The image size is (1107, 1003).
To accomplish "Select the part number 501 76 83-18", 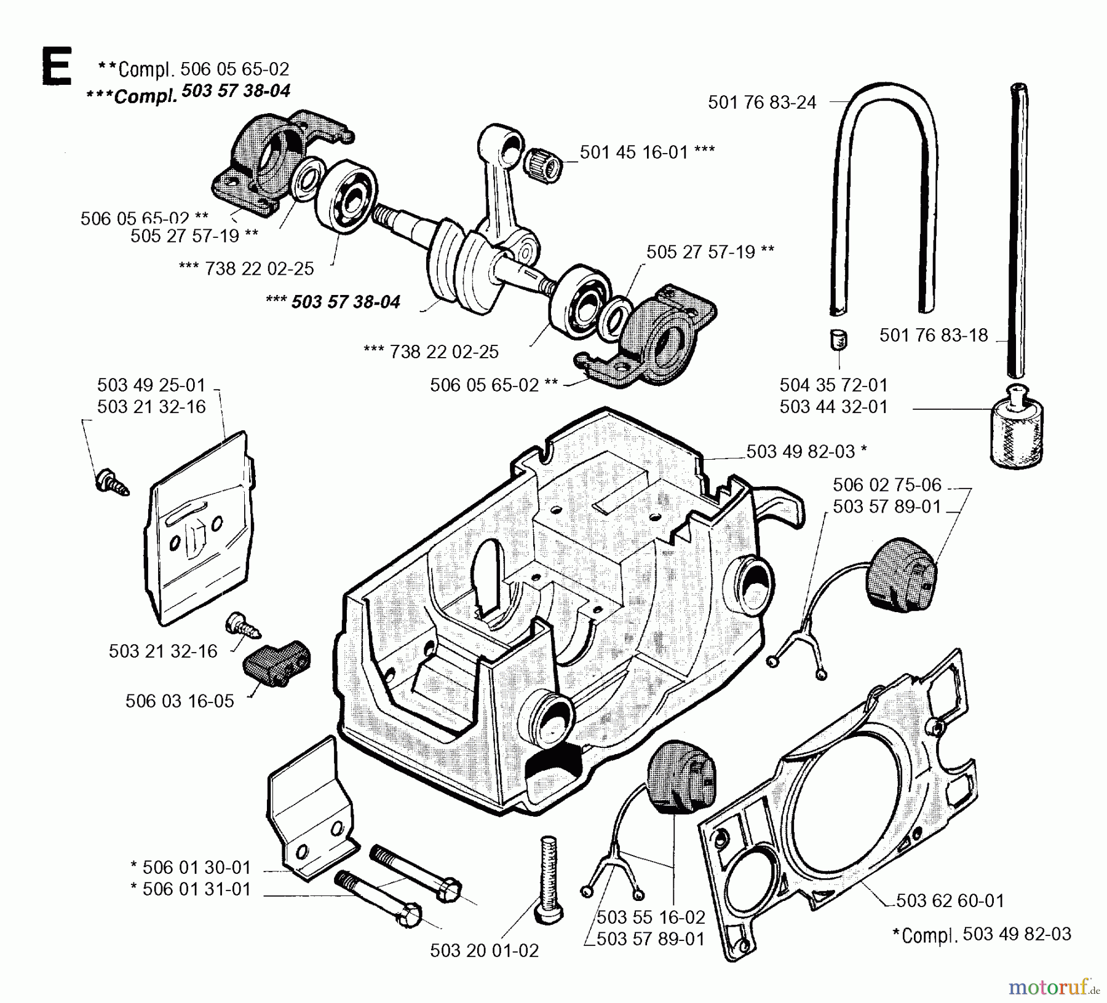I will [x=933, y=336].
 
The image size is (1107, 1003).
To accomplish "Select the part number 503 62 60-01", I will [x=950, y=901].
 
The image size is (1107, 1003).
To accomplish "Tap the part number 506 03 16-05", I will [x=180, y=701].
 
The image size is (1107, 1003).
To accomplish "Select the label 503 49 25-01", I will [x=151, y=385].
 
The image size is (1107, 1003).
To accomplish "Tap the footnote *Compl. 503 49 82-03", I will [x=981, y=934].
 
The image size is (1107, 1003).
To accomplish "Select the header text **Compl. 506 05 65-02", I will [x=193, y=69].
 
